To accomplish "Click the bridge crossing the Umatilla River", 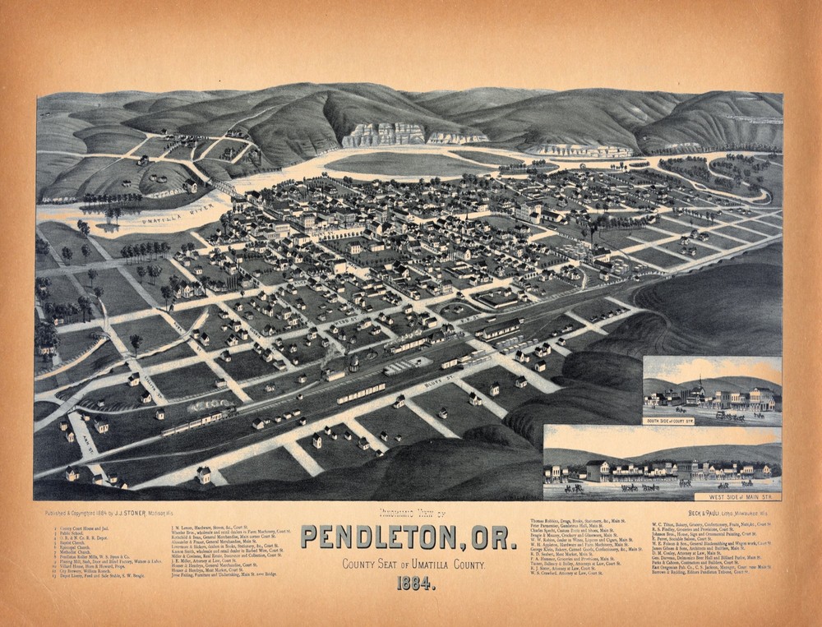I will pyautogui.click(x=224, y=190).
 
